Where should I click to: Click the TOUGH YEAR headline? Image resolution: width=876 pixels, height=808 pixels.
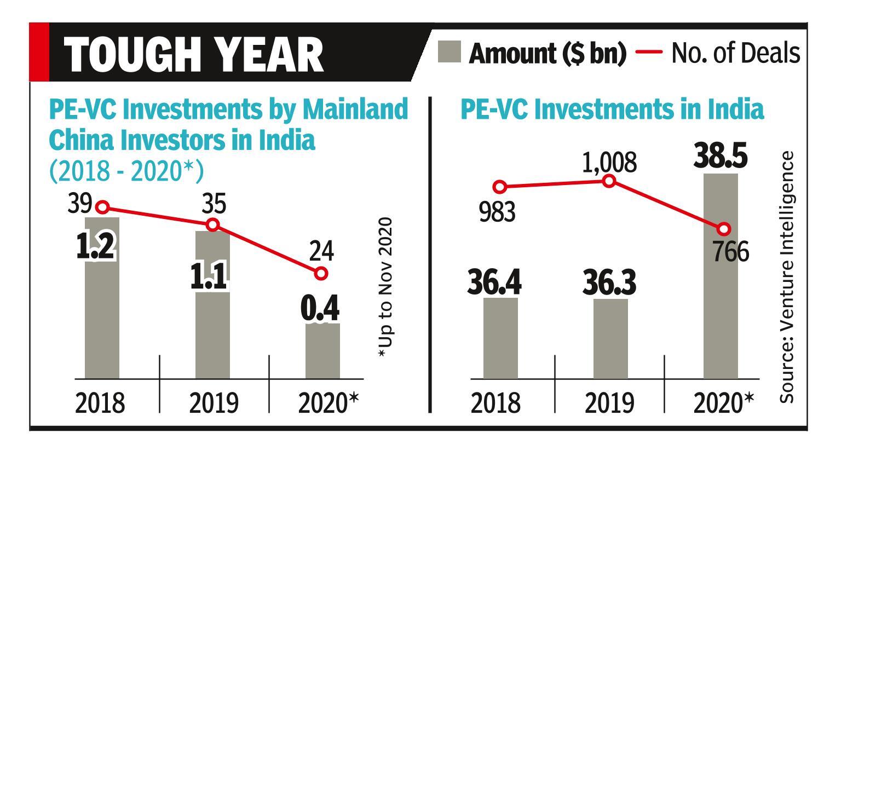(194, 55)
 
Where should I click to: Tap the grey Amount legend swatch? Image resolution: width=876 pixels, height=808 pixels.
(449, 53)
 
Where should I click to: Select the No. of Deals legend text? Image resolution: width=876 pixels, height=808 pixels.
(735, 53)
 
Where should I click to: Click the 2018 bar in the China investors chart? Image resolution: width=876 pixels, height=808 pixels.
(102, 318)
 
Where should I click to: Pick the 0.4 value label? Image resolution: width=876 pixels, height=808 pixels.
(320, 309)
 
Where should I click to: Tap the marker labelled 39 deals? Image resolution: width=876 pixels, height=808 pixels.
(102, 207)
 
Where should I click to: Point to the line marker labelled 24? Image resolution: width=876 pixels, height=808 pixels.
(321, 273)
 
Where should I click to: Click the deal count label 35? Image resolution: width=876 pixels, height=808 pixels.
(214, 204)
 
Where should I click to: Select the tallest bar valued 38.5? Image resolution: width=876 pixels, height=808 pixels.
(720, 285)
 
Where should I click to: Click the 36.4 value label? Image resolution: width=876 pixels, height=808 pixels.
(494, 282)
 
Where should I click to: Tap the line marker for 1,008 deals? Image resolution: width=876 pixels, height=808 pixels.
(609, 181)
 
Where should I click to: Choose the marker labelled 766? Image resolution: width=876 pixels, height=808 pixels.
(724, 229)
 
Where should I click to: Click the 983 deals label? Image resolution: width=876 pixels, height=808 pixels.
(497, 212)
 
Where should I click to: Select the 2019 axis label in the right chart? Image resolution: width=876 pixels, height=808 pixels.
(609, 403)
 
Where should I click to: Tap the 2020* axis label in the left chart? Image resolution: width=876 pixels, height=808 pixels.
(328, 403)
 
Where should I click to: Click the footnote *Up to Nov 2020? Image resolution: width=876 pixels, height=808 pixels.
(386, 288)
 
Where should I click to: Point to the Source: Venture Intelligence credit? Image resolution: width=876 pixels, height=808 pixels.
(786, 277)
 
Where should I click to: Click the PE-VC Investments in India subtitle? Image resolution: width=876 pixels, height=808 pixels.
(612, 109)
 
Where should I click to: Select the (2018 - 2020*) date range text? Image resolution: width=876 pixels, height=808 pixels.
(126, 171)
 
